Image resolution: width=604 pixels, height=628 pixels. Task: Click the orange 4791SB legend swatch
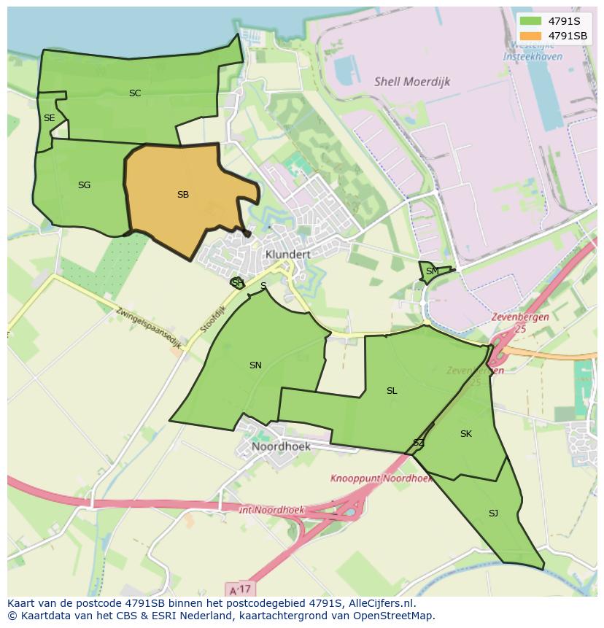pyautogui.click(x=531, y=36)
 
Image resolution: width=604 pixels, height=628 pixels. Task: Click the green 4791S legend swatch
pyautogui.click(x=531, y=21)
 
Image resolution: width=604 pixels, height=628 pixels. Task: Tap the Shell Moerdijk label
pyautogui.click(x=412, y=82)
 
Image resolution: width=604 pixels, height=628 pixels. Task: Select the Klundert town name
pyautogui.click(x=288, y=254)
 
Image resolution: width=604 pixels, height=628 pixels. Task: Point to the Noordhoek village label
pyautogui.click(x=281, y=446)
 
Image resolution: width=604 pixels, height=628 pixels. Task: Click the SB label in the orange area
pyautogui.click(x=183, y=195)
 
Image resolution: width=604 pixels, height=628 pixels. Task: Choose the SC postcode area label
pyautogui.click(x=135, y=93)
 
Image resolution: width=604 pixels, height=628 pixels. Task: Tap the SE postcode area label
pyautogui.click(x=49, y=118)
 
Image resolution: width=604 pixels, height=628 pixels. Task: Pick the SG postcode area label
pyautogui.click(x=84, y=185)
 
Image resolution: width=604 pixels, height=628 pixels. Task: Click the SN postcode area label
pyautogui.click(x=255, y=365)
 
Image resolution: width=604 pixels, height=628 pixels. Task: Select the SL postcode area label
pyautogui.click(x=392, y=391)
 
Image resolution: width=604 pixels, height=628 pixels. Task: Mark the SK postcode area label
pyautogui.click(x=466, y=434)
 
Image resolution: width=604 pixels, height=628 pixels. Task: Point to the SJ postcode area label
pyautogui.click(x=493, y=513)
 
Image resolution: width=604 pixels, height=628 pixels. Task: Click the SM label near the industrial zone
pyautogui.click(x=433, y=271)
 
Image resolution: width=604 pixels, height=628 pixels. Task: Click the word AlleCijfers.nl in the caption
pyautogui.click(x=379, y=603)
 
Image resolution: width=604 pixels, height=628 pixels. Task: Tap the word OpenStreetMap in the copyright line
pyautogui.click(x=396, y=616)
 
